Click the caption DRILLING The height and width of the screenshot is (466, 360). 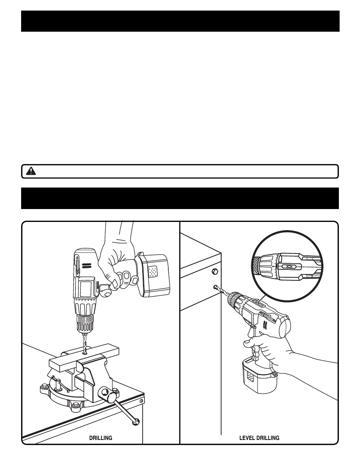[101, 438]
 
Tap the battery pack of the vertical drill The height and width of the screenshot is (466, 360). [154, 275]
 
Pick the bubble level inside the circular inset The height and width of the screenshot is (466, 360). [289, 266]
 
